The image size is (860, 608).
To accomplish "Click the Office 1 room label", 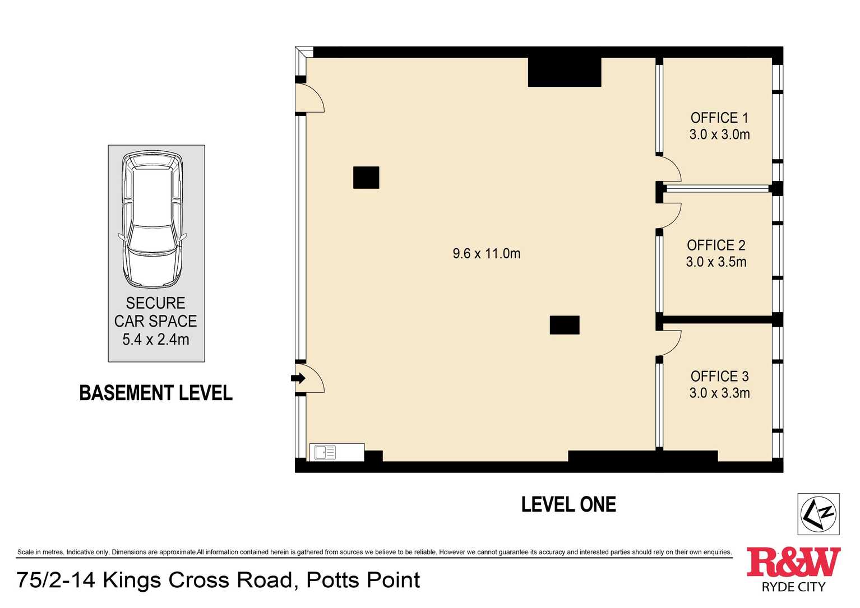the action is [x=719, y=118].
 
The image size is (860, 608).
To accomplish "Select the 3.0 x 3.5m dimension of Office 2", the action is [x=716, y=262].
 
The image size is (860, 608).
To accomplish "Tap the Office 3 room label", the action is [x=719, y=377].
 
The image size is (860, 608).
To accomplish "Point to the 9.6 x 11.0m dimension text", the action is [x=486, y=254].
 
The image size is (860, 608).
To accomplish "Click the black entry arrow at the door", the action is [x=298, y=378].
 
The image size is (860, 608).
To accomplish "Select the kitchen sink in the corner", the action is [x=325, y=452].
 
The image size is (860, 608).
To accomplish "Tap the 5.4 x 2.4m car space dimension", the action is [x=156, y=340].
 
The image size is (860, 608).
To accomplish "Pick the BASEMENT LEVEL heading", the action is [x=156, y=393].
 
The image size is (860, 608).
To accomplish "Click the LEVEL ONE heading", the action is [x=568, y=505].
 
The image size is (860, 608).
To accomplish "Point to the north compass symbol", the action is [x=818, y=514].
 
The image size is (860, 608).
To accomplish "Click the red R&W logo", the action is [x=793, y=562].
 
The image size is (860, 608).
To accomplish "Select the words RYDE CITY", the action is [x=793, y=587].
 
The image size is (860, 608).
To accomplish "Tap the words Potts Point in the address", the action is [x=363, y=580].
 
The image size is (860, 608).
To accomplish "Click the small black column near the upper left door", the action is [x=366, y=178].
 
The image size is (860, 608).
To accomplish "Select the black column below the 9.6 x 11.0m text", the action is [x=564, y=325].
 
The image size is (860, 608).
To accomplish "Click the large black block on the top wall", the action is [x=564, y=72].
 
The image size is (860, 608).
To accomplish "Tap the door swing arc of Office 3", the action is [x=671, y=342].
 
